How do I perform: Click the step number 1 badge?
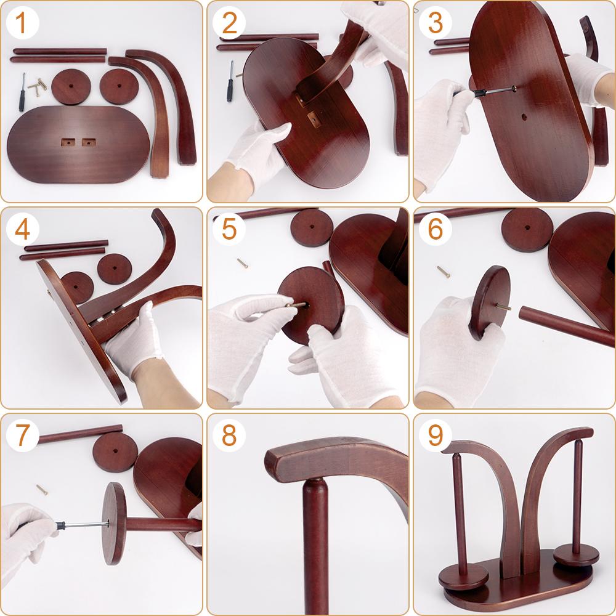22,23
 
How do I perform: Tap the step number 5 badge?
229,229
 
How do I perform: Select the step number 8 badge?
229,436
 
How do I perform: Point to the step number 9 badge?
435,436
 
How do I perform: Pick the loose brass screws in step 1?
38,87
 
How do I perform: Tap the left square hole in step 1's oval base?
67,142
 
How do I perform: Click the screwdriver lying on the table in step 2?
232,79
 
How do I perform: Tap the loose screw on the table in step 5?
242,263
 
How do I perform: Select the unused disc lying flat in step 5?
312,227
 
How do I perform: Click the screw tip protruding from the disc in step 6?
504,306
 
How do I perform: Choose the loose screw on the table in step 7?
42,490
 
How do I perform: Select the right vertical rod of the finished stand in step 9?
577,493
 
